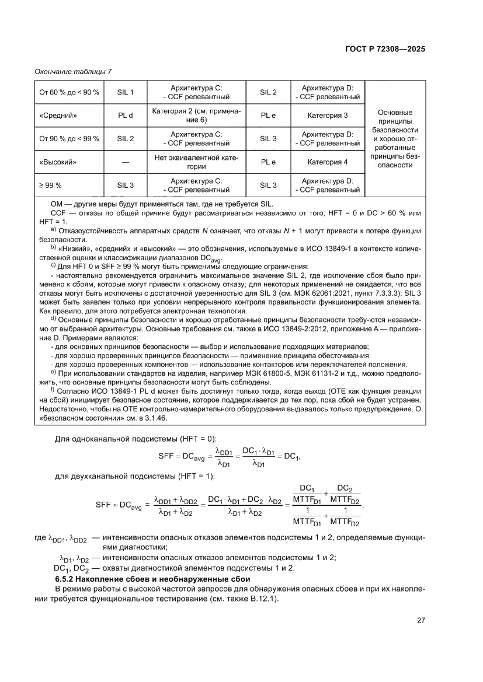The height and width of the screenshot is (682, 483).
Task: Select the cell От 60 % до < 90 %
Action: pos(69,92)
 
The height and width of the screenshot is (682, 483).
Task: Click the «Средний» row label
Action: pos(58,116)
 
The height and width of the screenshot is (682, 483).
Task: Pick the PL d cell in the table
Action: pos(126,116)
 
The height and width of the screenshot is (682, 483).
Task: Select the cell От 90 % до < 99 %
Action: pos(69,139)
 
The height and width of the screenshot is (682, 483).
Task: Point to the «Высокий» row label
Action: pos(58,162)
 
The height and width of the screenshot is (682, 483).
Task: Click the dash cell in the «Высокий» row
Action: pos(126,162)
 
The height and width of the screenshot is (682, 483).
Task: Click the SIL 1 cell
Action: pos(126,92)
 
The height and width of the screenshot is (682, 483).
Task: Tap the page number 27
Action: pos(420,620)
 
